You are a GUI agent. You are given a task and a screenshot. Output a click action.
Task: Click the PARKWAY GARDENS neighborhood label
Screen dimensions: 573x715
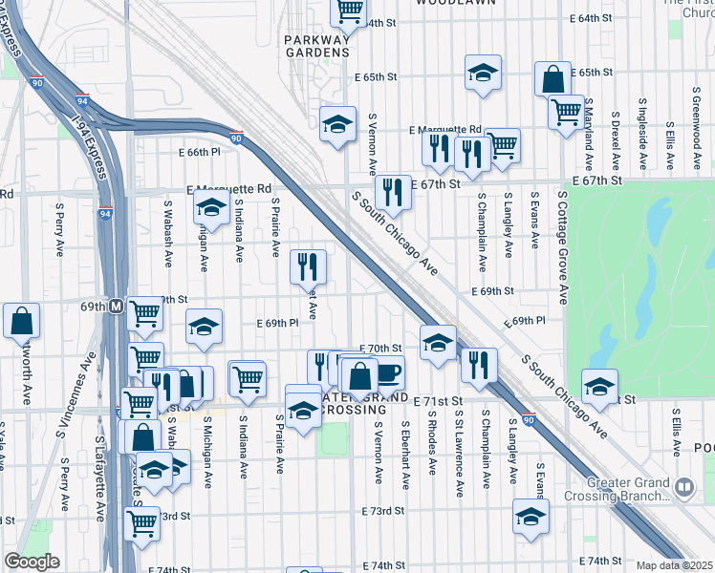pyautogui.click(x=317, y=46)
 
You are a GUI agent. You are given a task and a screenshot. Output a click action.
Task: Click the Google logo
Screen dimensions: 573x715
pyautogui.click(x=31, y=562)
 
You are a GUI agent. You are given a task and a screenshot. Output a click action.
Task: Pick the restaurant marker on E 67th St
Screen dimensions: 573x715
pyautogui.click(x=392, y=192)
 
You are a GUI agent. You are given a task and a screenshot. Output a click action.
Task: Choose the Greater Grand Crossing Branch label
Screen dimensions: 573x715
pyautogui.click(x=620, y=488)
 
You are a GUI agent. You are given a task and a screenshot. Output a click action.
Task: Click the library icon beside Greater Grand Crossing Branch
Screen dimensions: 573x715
pyautogui.click(x=684, y=489)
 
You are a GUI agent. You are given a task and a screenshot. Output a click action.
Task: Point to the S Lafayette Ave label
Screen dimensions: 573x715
pyautogui.click(x=99, y=481)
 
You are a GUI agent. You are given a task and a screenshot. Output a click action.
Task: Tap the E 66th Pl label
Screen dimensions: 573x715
pyautogui.click(x=199, y=152)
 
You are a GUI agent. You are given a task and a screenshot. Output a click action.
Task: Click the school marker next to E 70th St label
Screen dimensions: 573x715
pyautogui.click(x=438, y=344)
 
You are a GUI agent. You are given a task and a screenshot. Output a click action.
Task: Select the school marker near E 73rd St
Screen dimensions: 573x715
pyautogui.click(x=531, y=516)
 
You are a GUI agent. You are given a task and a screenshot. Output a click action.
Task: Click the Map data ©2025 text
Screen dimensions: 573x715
pyautogui.click(x=675, y=565)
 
